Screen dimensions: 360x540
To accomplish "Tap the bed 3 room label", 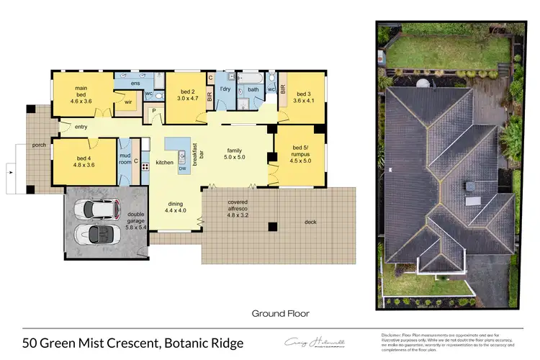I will (300, 94).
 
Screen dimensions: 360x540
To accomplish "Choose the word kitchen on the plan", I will (164, 163).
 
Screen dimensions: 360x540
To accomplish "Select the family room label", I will (235, 148).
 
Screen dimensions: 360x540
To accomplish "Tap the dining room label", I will (176, 204).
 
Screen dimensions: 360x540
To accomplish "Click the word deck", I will (311, 222).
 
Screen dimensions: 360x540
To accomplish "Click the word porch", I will (40, 144).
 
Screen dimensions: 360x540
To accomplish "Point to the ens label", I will (135, 84).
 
